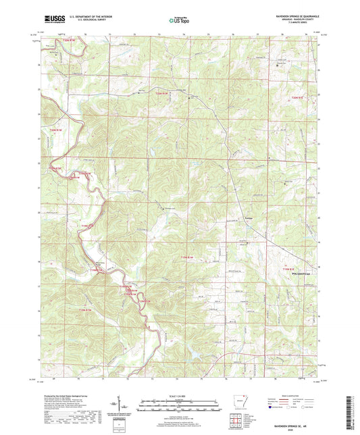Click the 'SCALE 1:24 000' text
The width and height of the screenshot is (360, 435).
tap(179, 396)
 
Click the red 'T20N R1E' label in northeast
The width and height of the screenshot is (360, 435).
tap(299, 99)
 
